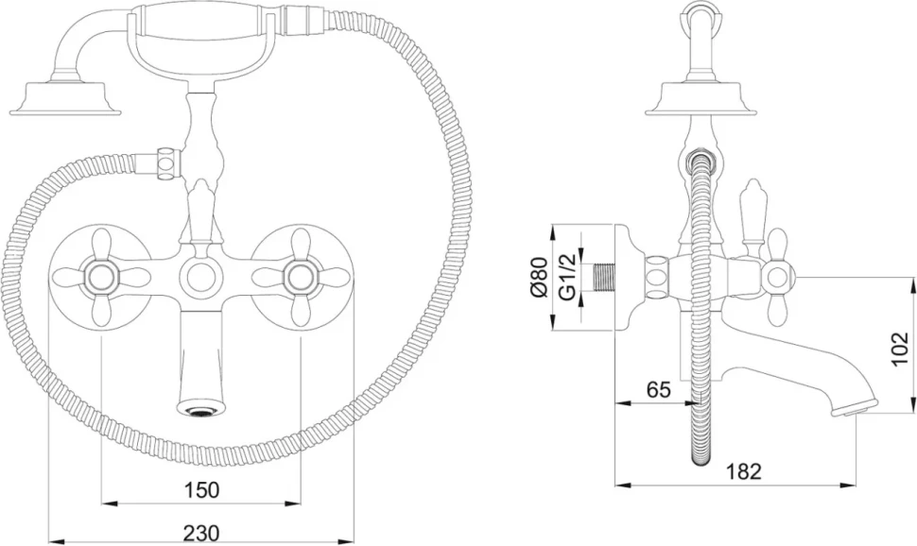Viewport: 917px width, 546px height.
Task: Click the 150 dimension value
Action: click(x=201, y=489)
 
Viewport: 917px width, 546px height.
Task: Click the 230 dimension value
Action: click(x=201, y=533)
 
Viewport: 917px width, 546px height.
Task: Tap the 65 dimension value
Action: click(x=659, y=389)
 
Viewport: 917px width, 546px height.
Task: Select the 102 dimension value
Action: click(x=900, y=349)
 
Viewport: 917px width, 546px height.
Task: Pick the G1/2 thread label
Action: click(x=567, y=277)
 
